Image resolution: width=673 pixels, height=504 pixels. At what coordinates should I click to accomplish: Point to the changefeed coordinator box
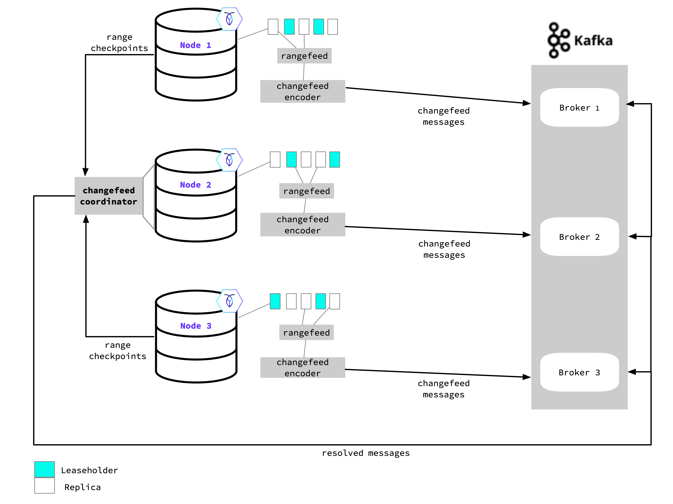(109, 196)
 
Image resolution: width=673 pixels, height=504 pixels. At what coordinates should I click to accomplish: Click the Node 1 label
(195, 45)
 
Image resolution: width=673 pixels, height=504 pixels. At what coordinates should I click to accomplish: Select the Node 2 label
(195, 185)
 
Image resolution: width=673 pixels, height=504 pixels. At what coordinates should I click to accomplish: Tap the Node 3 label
(196, 326)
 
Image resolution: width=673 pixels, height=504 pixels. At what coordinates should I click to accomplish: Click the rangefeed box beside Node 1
(304, 56)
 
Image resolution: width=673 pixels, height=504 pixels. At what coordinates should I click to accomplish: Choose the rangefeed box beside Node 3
(306, 332)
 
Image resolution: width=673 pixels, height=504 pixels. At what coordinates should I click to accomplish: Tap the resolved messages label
(366, 453)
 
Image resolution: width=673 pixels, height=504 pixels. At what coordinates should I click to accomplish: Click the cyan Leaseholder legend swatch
(44, 469)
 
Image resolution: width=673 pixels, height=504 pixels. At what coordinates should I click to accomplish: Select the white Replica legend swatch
(44, 485)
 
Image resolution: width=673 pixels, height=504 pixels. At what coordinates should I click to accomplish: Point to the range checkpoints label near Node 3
(118, 350)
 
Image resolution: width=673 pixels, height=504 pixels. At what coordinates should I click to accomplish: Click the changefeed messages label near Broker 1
(444, 116)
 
